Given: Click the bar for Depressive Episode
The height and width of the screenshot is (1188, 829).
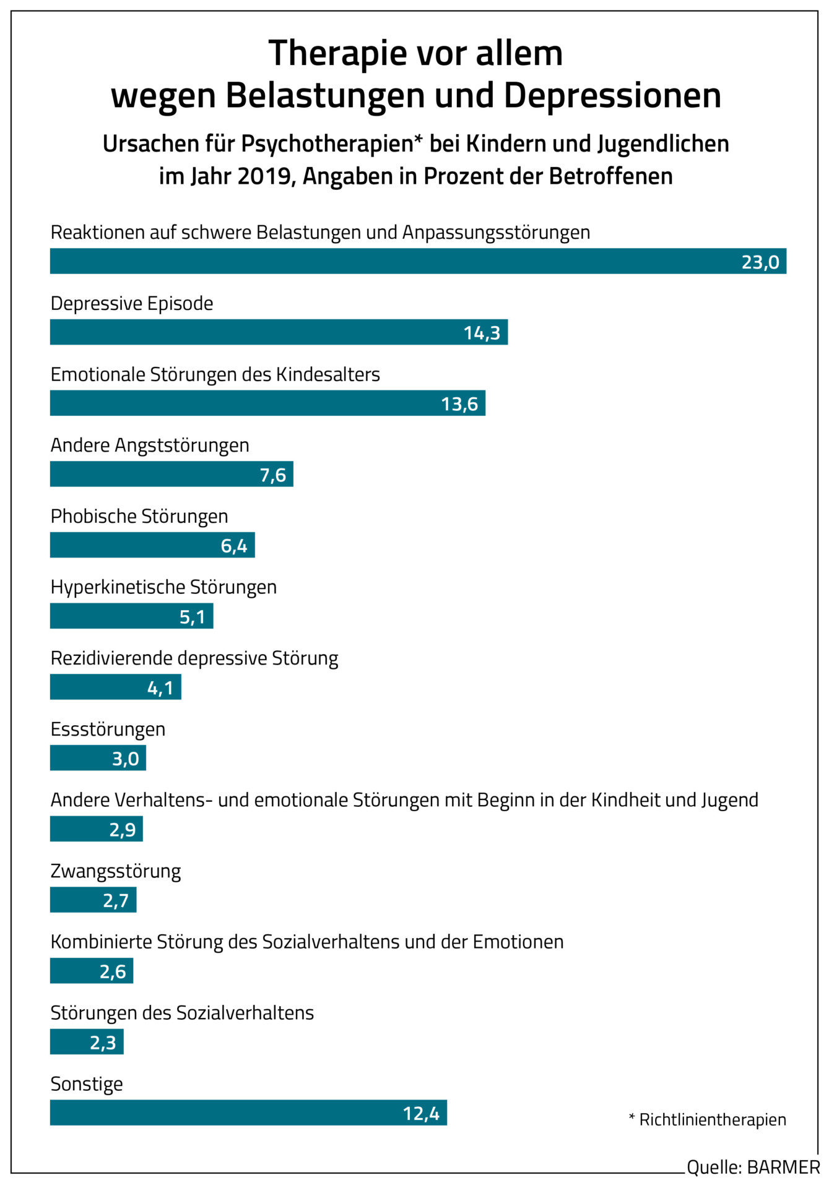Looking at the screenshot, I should tap(279, 332).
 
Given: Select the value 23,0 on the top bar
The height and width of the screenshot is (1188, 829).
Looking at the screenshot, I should tap(760, 262).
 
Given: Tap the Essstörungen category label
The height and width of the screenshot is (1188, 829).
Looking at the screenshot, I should tap(108, 730).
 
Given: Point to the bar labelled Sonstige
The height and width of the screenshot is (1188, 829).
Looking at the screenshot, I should tap(248, 1113).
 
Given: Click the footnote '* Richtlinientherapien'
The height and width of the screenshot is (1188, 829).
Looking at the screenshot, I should tap(707, 1119).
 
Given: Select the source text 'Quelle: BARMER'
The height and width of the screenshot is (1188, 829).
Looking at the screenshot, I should tap(753, 1167).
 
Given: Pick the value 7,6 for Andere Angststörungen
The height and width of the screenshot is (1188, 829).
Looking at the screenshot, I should tap(273, 475).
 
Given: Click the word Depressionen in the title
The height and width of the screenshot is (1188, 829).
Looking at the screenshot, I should tap(612, 96).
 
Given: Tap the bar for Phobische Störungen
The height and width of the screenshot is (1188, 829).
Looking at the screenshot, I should tap(152, 545).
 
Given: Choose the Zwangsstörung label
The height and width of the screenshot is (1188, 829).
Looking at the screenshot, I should tap(116, 871).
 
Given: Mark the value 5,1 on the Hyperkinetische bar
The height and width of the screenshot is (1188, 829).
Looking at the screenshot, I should tap(192, 617).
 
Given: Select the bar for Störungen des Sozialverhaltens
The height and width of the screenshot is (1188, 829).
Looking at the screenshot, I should tap(87, 1042).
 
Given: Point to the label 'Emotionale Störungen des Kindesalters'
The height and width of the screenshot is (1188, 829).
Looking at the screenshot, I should tap(215, 375).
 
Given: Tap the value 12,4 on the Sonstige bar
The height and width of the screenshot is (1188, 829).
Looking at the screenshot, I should tap(421, 1114).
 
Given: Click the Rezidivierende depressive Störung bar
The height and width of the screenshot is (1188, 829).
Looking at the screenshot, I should tap(115, 687).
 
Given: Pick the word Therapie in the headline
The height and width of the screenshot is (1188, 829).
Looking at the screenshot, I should tap(337, 53).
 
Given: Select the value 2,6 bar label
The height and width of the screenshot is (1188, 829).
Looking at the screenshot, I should tap(113, 972).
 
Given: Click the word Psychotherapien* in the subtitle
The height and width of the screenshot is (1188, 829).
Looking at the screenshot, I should tap(332, 144).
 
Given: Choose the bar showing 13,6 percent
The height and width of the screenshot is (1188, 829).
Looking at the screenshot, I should tap(267, 403).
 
